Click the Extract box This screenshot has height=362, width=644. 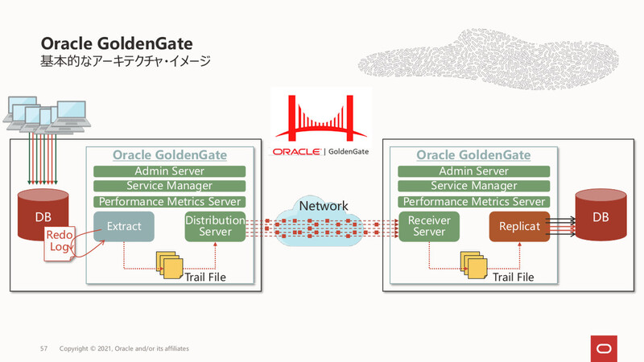tap(124, 228)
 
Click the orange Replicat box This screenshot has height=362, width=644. tap(518, 227)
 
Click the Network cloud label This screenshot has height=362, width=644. tap(323, 207)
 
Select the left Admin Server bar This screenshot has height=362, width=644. tap(169, 171)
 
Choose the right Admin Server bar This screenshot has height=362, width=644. tap(473, 171)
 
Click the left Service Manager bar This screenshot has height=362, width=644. tap(169, 187)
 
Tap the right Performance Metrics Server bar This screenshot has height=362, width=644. tap(473, 202)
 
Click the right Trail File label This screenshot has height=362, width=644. tap(513, 278)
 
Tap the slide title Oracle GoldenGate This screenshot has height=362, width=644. tap(116, 42)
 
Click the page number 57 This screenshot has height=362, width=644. tap(45, 349)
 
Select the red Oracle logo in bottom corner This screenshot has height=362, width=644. tap(605, 347)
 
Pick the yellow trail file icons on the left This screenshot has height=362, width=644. tap(171, 264)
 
